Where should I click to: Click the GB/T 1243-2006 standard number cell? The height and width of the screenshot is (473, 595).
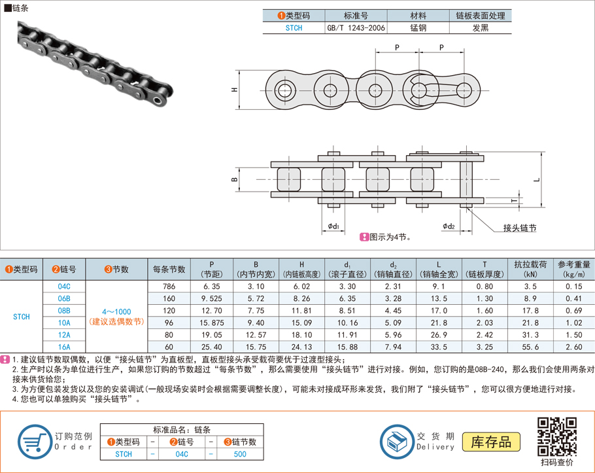click(356, 28)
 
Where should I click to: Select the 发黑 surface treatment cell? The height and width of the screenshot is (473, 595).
click(480, 28)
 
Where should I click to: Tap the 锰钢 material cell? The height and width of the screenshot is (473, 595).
click(418, 28)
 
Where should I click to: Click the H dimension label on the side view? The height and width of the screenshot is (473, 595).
click(234, 90)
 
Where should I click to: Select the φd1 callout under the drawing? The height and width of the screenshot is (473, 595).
click(333, 226)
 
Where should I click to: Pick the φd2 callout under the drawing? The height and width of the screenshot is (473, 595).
click(448, 226)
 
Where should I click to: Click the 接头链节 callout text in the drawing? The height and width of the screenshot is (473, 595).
click(520, 228)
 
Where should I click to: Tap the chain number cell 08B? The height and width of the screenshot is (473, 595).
click(64, 310)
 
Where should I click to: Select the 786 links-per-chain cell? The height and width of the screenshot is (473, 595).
click(169, 287)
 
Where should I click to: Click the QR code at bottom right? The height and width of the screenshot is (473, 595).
click(556, 436)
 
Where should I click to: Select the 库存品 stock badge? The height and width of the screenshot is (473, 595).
click(491, 442)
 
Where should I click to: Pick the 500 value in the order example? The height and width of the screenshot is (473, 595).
click(239, 454)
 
